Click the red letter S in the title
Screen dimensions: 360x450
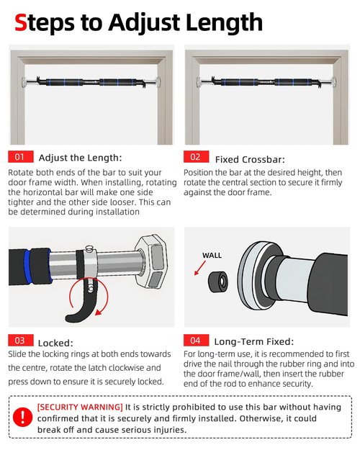click(21, 22)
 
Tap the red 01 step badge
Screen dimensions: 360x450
click(21, 157)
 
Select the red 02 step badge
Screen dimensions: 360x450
click(197, 157)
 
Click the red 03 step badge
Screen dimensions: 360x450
click(21, 341)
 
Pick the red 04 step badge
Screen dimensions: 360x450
click(197, 341)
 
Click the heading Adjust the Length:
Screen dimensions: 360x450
click(81, 158)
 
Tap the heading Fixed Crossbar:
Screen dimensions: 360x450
click(250, 160)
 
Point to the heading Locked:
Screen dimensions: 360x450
click(55, 343)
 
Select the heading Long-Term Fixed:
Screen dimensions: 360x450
click(254, 342)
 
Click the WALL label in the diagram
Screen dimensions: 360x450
click(212, 255)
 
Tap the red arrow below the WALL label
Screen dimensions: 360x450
click(200, 268)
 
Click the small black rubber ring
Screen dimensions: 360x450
click(218, 282)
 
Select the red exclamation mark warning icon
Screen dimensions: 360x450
click(22, 417)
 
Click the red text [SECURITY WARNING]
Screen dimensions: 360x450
click(80, 408)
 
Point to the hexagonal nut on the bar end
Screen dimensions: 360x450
click(151, 261)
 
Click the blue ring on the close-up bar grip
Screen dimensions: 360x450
click(27, 266)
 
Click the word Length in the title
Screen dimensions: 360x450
click(224, 22)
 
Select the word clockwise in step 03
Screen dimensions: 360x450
click(122, 368)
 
